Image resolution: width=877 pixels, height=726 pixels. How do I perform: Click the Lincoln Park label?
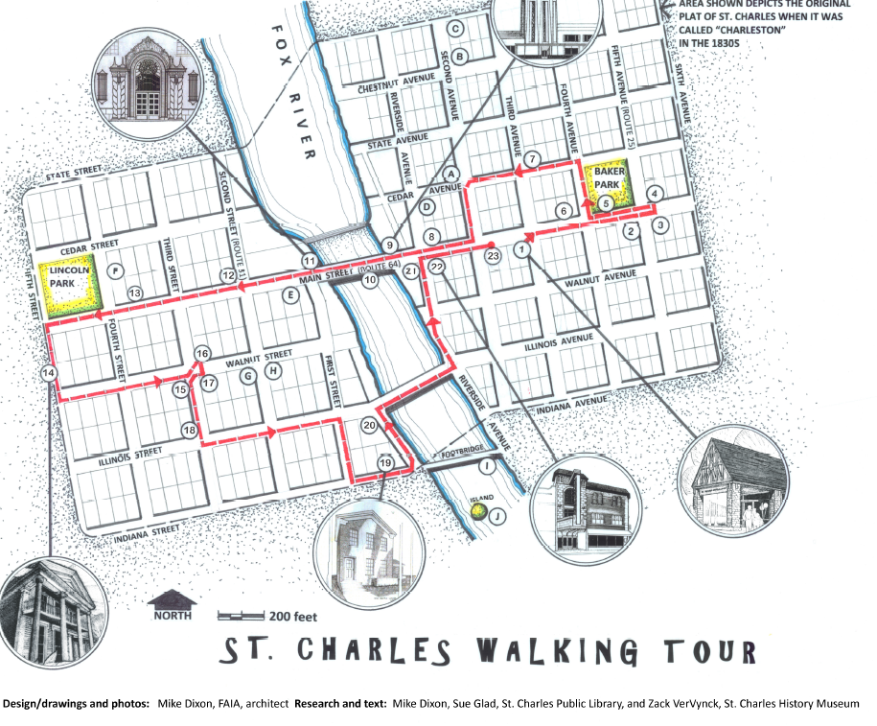click(x=69, y=277)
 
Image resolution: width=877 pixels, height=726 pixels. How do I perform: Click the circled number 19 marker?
click(x=386, y=463)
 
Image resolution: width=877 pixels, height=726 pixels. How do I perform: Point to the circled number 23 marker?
click(x=494, y=256)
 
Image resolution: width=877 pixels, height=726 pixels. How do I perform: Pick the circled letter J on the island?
click(x=496, y=515)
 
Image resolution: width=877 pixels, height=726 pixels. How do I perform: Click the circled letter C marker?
click(x=456, y=28)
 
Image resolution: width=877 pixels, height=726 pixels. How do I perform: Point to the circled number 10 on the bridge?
click(x=370, y=280)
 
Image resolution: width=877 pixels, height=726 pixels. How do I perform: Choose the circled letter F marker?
click(x=115, y=270)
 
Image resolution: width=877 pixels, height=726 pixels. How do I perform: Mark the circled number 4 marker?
click(x=655, y=194)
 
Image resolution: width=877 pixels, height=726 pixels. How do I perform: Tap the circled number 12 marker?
click(x=228, y=274)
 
